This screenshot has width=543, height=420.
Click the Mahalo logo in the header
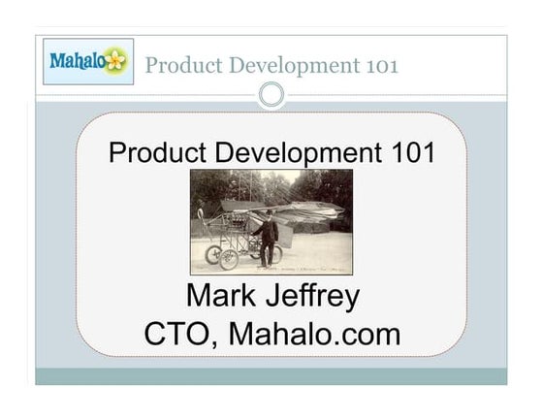click(87, 62)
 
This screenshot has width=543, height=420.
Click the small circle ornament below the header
click(271, 94)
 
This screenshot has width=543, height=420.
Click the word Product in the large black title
click(157, 152)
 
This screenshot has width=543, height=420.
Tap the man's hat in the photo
click(269, 213)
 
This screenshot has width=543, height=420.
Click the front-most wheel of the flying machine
click(229, 259)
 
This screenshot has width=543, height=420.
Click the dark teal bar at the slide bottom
click(271, 376)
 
